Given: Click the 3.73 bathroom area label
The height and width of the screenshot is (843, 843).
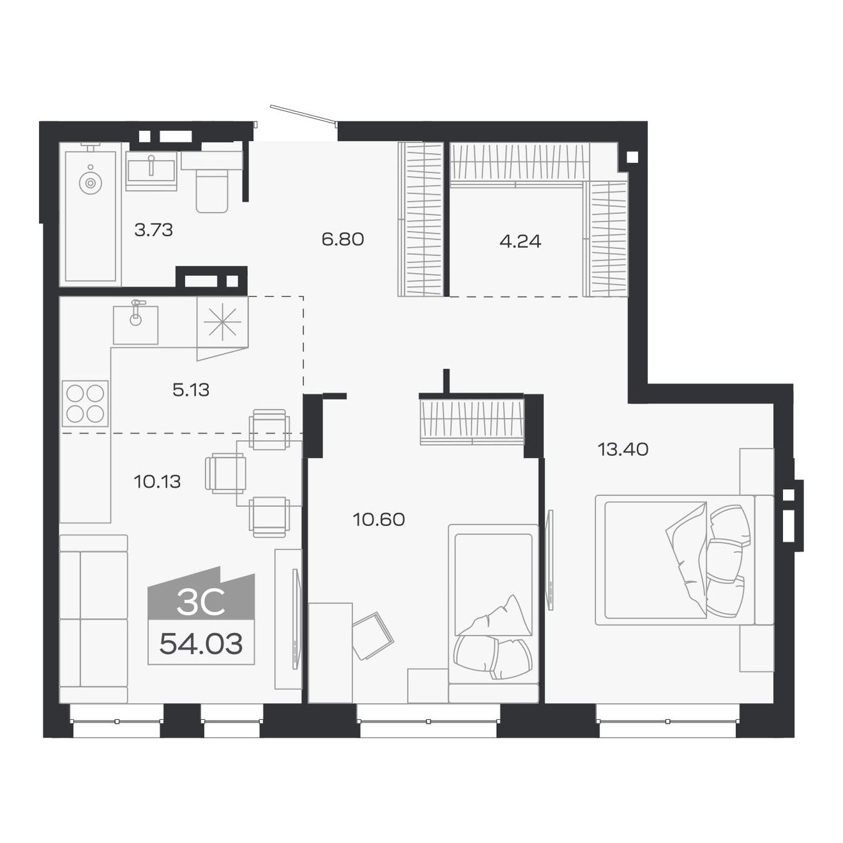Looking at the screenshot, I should [153, 229].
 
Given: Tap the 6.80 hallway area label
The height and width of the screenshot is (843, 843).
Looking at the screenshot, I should [342, 239].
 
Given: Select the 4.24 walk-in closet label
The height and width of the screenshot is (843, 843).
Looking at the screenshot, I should [520, 241].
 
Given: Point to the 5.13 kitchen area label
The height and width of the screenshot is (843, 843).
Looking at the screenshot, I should [191, 390].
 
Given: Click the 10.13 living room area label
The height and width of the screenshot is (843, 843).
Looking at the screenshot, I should [157, 481].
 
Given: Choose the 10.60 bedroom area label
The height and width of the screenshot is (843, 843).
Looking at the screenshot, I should [379, 519].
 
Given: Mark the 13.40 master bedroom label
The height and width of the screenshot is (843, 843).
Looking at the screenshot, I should [623, 450].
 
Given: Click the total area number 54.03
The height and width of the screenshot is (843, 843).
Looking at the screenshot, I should [201, 644].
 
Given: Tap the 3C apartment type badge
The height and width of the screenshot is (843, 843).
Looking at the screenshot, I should [201, 602].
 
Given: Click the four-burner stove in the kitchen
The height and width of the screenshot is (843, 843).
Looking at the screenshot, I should [85, 404].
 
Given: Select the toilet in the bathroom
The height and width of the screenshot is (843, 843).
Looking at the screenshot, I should [212, 192].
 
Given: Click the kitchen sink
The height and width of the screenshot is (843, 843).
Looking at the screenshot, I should [135, 324].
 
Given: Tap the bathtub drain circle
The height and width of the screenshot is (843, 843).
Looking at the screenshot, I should [90, 183].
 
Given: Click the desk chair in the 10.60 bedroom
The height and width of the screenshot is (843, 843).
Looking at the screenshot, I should [372, 635].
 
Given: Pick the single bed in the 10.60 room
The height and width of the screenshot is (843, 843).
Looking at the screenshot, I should [493, 607].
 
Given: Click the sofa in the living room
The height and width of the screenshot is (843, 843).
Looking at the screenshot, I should [93, 618].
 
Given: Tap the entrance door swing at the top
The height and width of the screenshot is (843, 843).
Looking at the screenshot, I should [302, 114].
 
